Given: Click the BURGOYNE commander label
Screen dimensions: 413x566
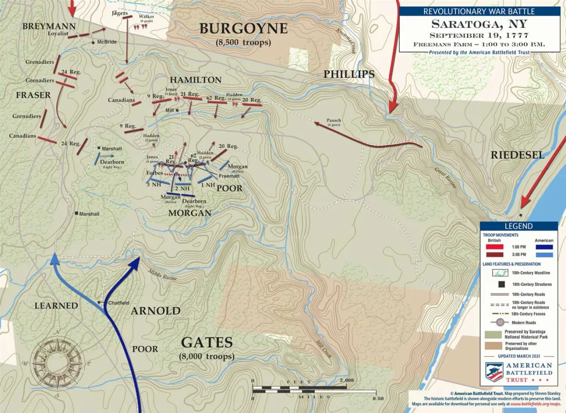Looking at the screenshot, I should [x=243, y=29].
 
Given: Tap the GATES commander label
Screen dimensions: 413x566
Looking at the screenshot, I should [x=207, y=343].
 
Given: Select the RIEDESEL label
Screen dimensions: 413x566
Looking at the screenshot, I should [x=517, y=156].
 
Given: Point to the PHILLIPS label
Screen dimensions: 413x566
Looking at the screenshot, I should [x=349, y=75].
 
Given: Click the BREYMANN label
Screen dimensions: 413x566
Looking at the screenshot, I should [x=49, y=26].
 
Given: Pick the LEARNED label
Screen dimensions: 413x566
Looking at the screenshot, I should [x=56, y=306].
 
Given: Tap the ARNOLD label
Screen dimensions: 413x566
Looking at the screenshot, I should [x=155, y=311].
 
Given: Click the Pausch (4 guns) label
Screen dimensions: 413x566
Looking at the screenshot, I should [x=334, y=122].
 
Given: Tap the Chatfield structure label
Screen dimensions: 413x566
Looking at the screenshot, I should [x=119, y=303].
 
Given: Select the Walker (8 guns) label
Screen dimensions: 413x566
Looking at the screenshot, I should [x=147, y=19].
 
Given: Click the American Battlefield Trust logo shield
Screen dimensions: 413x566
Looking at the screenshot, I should [x=494, y=372].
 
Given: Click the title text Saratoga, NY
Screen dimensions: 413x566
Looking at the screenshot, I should [x=479, y=24].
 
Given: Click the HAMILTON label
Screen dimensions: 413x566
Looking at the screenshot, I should [x=195, y=80].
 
